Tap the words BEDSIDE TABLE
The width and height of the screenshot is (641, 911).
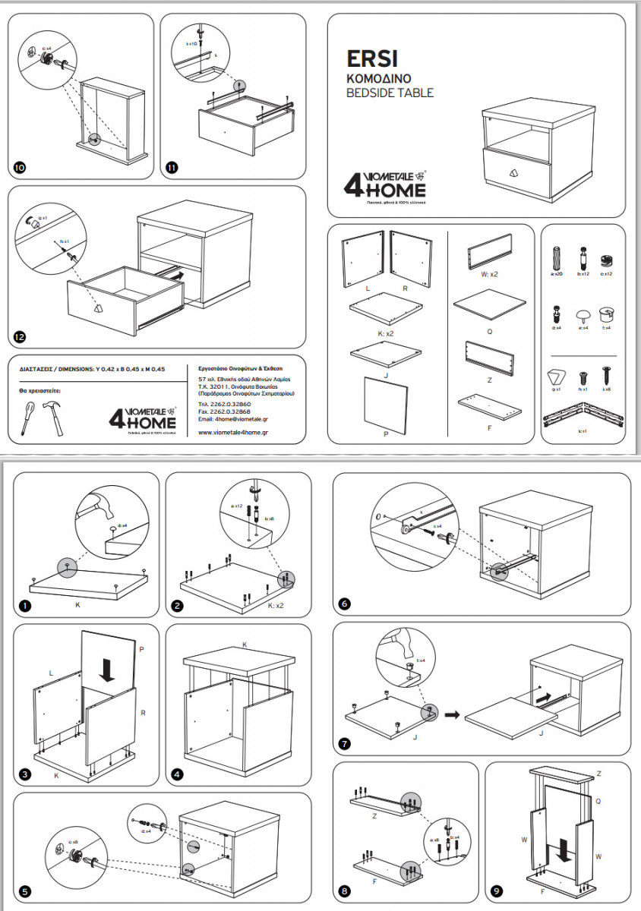click(x=390, y=93)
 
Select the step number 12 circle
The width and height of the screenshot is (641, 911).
click(x=21, y=336)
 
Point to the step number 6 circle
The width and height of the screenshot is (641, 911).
click(x=345, y=604)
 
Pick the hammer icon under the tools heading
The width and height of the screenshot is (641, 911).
click(x=49, y=415)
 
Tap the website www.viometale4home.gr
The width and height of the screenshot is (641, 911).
click(x=236, y=432)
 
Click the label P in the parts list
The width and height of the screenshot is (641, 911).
click(x=386, y=433)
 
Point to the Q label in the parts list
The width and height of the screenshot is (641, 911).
click(x=489, y=331)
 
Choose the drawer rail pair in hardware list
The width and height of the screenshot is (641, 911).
click(x=583, y=417)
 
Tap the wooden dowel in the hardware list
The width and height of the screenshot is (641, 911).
click(x=559, y=255)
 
